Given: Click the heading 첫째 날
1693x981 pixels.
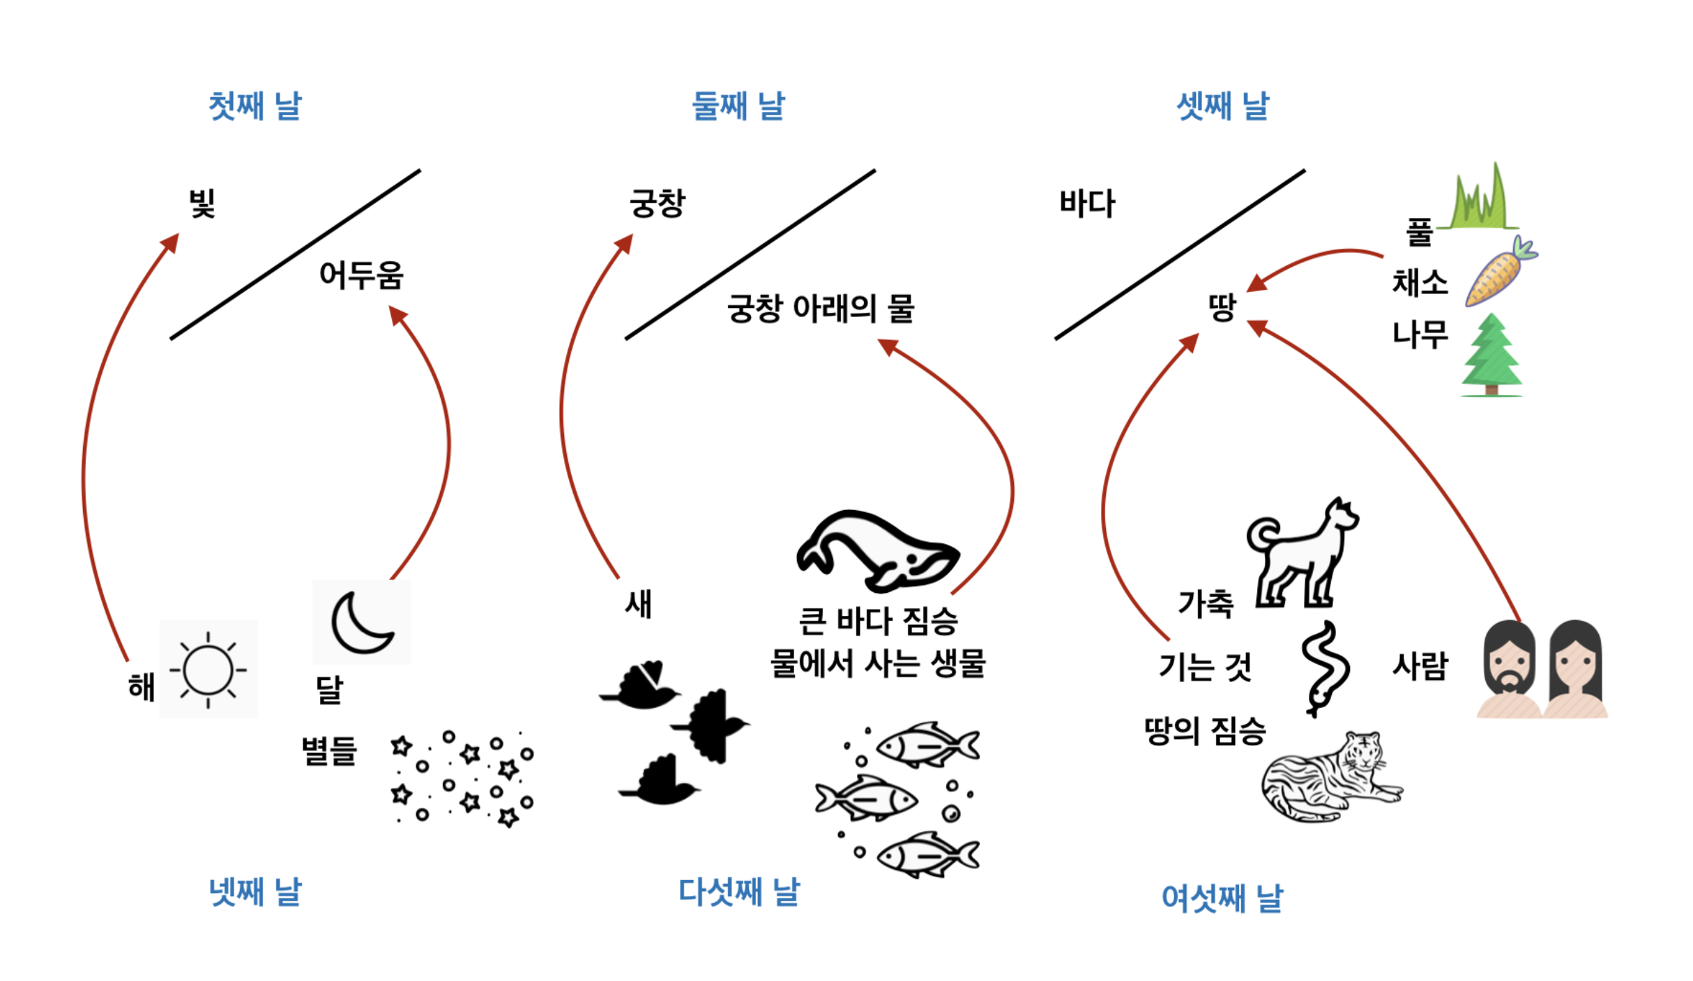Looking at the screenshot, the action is click(x=255, y=106).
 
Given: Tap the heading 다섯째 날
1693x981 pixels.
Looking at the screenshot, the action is click(x=739, y=892).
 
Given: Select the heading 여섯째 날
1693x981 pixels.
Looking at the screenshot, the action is click(x=1222, y=897).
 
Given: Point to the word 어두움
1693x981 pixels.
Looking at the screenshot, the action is click(x=361, y=275).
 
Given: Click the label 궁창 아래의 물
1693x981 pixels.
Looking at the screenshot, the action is click(x=820, y=308).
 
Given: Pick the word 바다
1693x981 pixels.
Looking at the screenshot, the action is click(x=1087, y=203).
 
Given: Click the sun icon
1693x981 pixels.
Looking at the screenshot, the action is click(x=208, y=670).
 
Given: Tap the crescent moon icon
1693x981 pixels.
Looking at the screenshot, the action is click(x=361, y=622).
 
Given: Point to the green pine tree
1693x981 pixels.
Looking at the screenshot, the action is click(x=1491, y=355).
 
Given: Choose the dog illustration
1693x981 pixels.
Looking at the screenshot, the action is click(x=1301, y=554).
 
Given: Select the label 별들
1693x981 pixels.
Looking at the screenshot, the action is click(x=329, y=751).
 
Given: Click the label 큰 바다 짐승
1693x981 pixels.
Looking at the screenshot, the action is click(x=878, y=621).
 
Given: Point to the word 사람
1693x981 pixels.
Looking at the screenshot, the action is click(x=1420, y=666).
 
